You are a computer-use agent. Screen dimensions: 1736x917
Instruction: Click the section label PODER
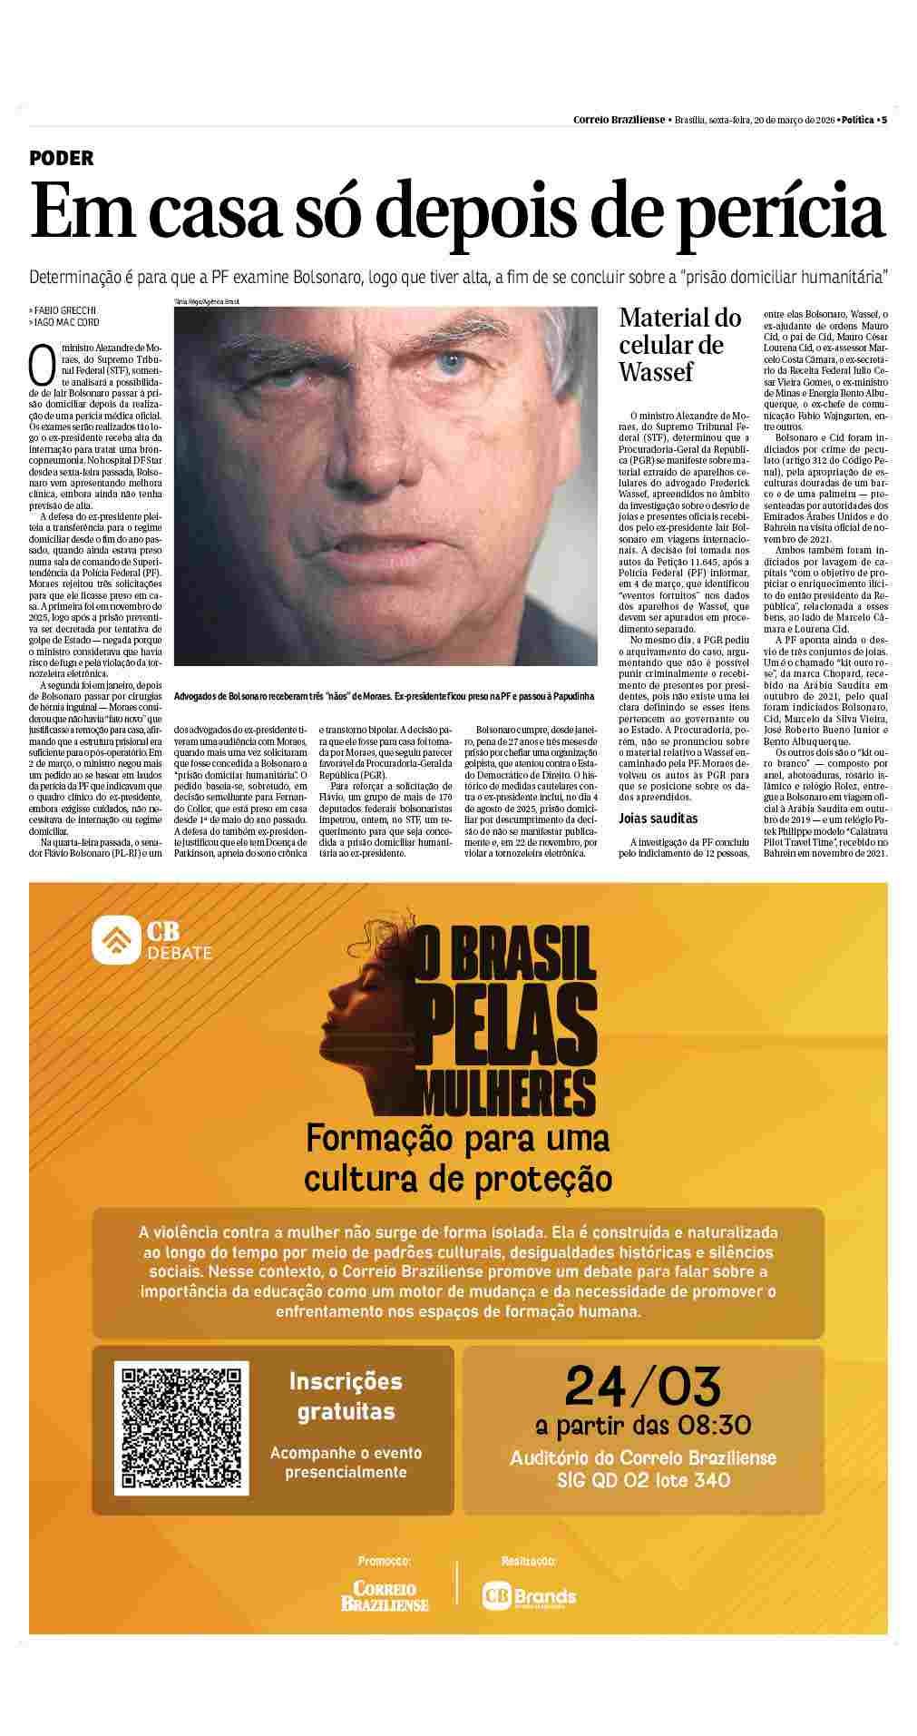(61, 158)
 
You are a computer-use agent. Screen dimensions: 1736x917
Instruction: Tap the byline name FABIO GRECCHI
(64, 310)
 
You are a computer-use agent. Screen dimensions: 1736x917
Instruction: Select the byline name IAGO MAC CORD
(66, 322)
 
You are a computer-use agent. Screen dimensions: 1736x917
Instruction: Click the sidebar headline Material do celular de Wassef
(679, 345)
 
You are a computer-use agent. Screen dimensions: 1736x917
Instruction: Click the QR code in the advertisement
(185, 1426)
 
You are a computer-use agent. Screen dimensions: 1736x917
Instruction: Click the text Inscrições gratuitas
(346, 1397)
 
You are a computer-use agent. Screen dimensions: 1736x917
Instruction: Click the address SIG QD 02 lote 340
(642, 1481)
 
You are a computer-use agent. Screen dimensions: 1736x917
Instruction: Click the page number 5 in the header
(883, 120)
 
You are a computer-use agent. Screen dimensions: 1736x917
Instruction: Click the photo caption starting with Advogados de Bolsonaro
(385, 696)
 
